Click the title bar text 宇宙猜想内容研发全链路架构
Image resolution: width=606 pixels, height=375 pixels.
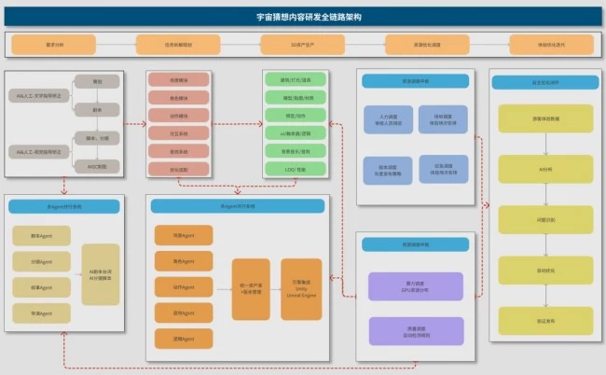[x=302, y=17]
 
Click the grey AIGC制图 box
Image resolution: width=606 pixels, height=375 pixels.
[x=98, y=165]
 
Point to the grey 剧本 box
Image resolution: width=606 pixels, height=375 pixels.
[x=98, y=109]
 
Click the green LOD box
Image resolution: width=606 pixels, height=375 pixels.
[x=294, y=169]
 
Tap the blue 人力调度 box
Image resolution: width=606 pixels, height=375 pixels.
[x=388, y=119]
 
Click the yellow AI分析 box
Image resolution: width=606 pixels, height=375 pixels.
[x=545, y=168]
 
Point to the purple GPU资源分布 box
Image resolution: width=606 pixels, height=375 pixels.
[x=416, y=286]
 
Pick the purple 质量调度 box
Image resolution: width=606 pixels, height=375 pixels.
[x=416, y=330]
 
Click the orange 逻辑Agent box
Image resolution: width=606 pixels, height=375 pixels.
[x=183, y=339]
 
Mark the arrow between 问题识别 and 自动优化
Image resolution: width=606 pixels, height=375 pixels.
[x=545, y=244]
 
